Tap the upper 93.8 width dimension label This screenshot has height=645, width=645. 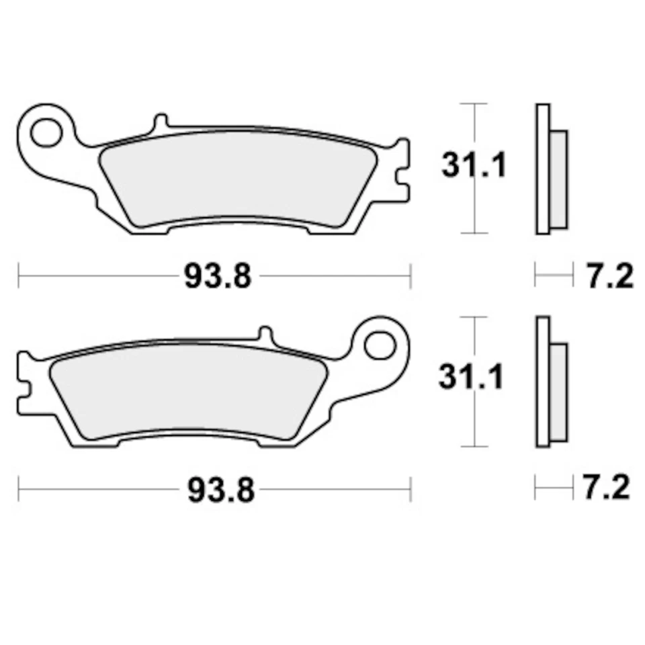(x=218, y=276)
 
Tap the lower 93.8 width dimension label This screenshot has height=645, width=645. (x=220, y=491)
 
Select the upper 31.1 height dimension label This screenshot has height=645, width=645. (x=473, y=165)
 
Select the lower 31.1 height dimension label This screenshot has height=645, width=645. (x=471, y=378)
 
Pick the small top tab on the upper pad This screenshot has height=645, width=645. (x=161, y=122)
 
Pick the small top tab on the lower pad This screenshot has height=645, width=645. (x=266, y=335)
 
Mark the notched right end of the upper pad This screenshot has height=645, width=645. (x=401, y=171)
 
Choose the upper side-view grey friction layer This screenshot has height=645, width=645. (x=559, y=179)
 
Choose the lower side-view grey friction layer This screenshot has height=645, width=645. (x=559, y=392)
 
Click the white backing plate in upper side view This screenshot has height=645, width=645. (x=542, y=168)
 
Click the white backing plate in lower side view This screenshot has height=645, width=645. (x=542, y=381)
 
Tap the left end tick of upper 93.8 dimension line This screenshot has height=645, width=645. (x=19, y=275)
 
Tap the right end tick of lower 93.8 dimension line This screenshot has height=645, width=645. (x=410, y=490)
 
